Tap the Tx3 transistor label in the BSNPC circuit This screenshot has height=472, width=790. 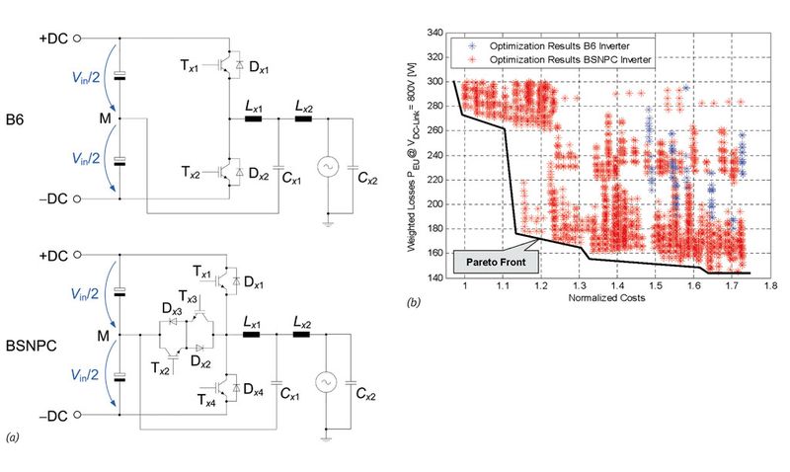coord(186,298)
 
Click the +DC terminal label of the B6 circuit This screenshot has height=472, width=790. coord(55,38)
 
